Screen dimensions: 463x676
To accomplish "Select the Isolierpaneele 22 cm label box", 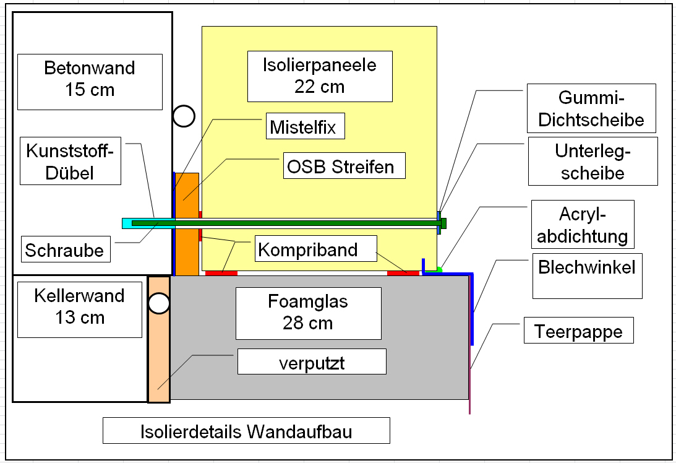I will (320, 76).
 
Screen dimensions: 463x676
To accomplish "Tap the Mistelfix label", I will (303, 128).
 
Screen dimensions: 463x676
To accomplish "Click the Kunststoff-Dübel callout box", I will (70, 162).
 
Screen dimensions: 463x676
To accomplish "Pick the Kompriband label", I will (308, 250).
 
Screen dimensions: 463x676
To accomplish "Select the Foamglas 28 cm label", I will (308, 313).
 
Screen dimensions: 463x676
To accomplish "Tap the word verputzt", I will (312, 362).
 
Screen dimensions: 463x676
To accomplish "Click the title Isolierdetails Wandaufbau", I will (246, 430).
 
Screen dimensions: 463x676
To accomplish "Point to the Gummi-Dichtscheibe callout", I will (591, 108).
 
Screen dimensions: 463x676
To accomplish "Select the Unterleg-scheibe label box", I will (592, 161).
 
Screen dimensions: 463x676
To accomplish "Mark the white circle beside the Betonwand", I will (184, 116).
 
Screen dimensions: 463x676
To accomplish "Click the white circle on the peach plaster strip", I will (159, 303).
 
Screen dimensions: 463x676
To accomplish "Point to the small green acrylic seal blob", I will (439, 269).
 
